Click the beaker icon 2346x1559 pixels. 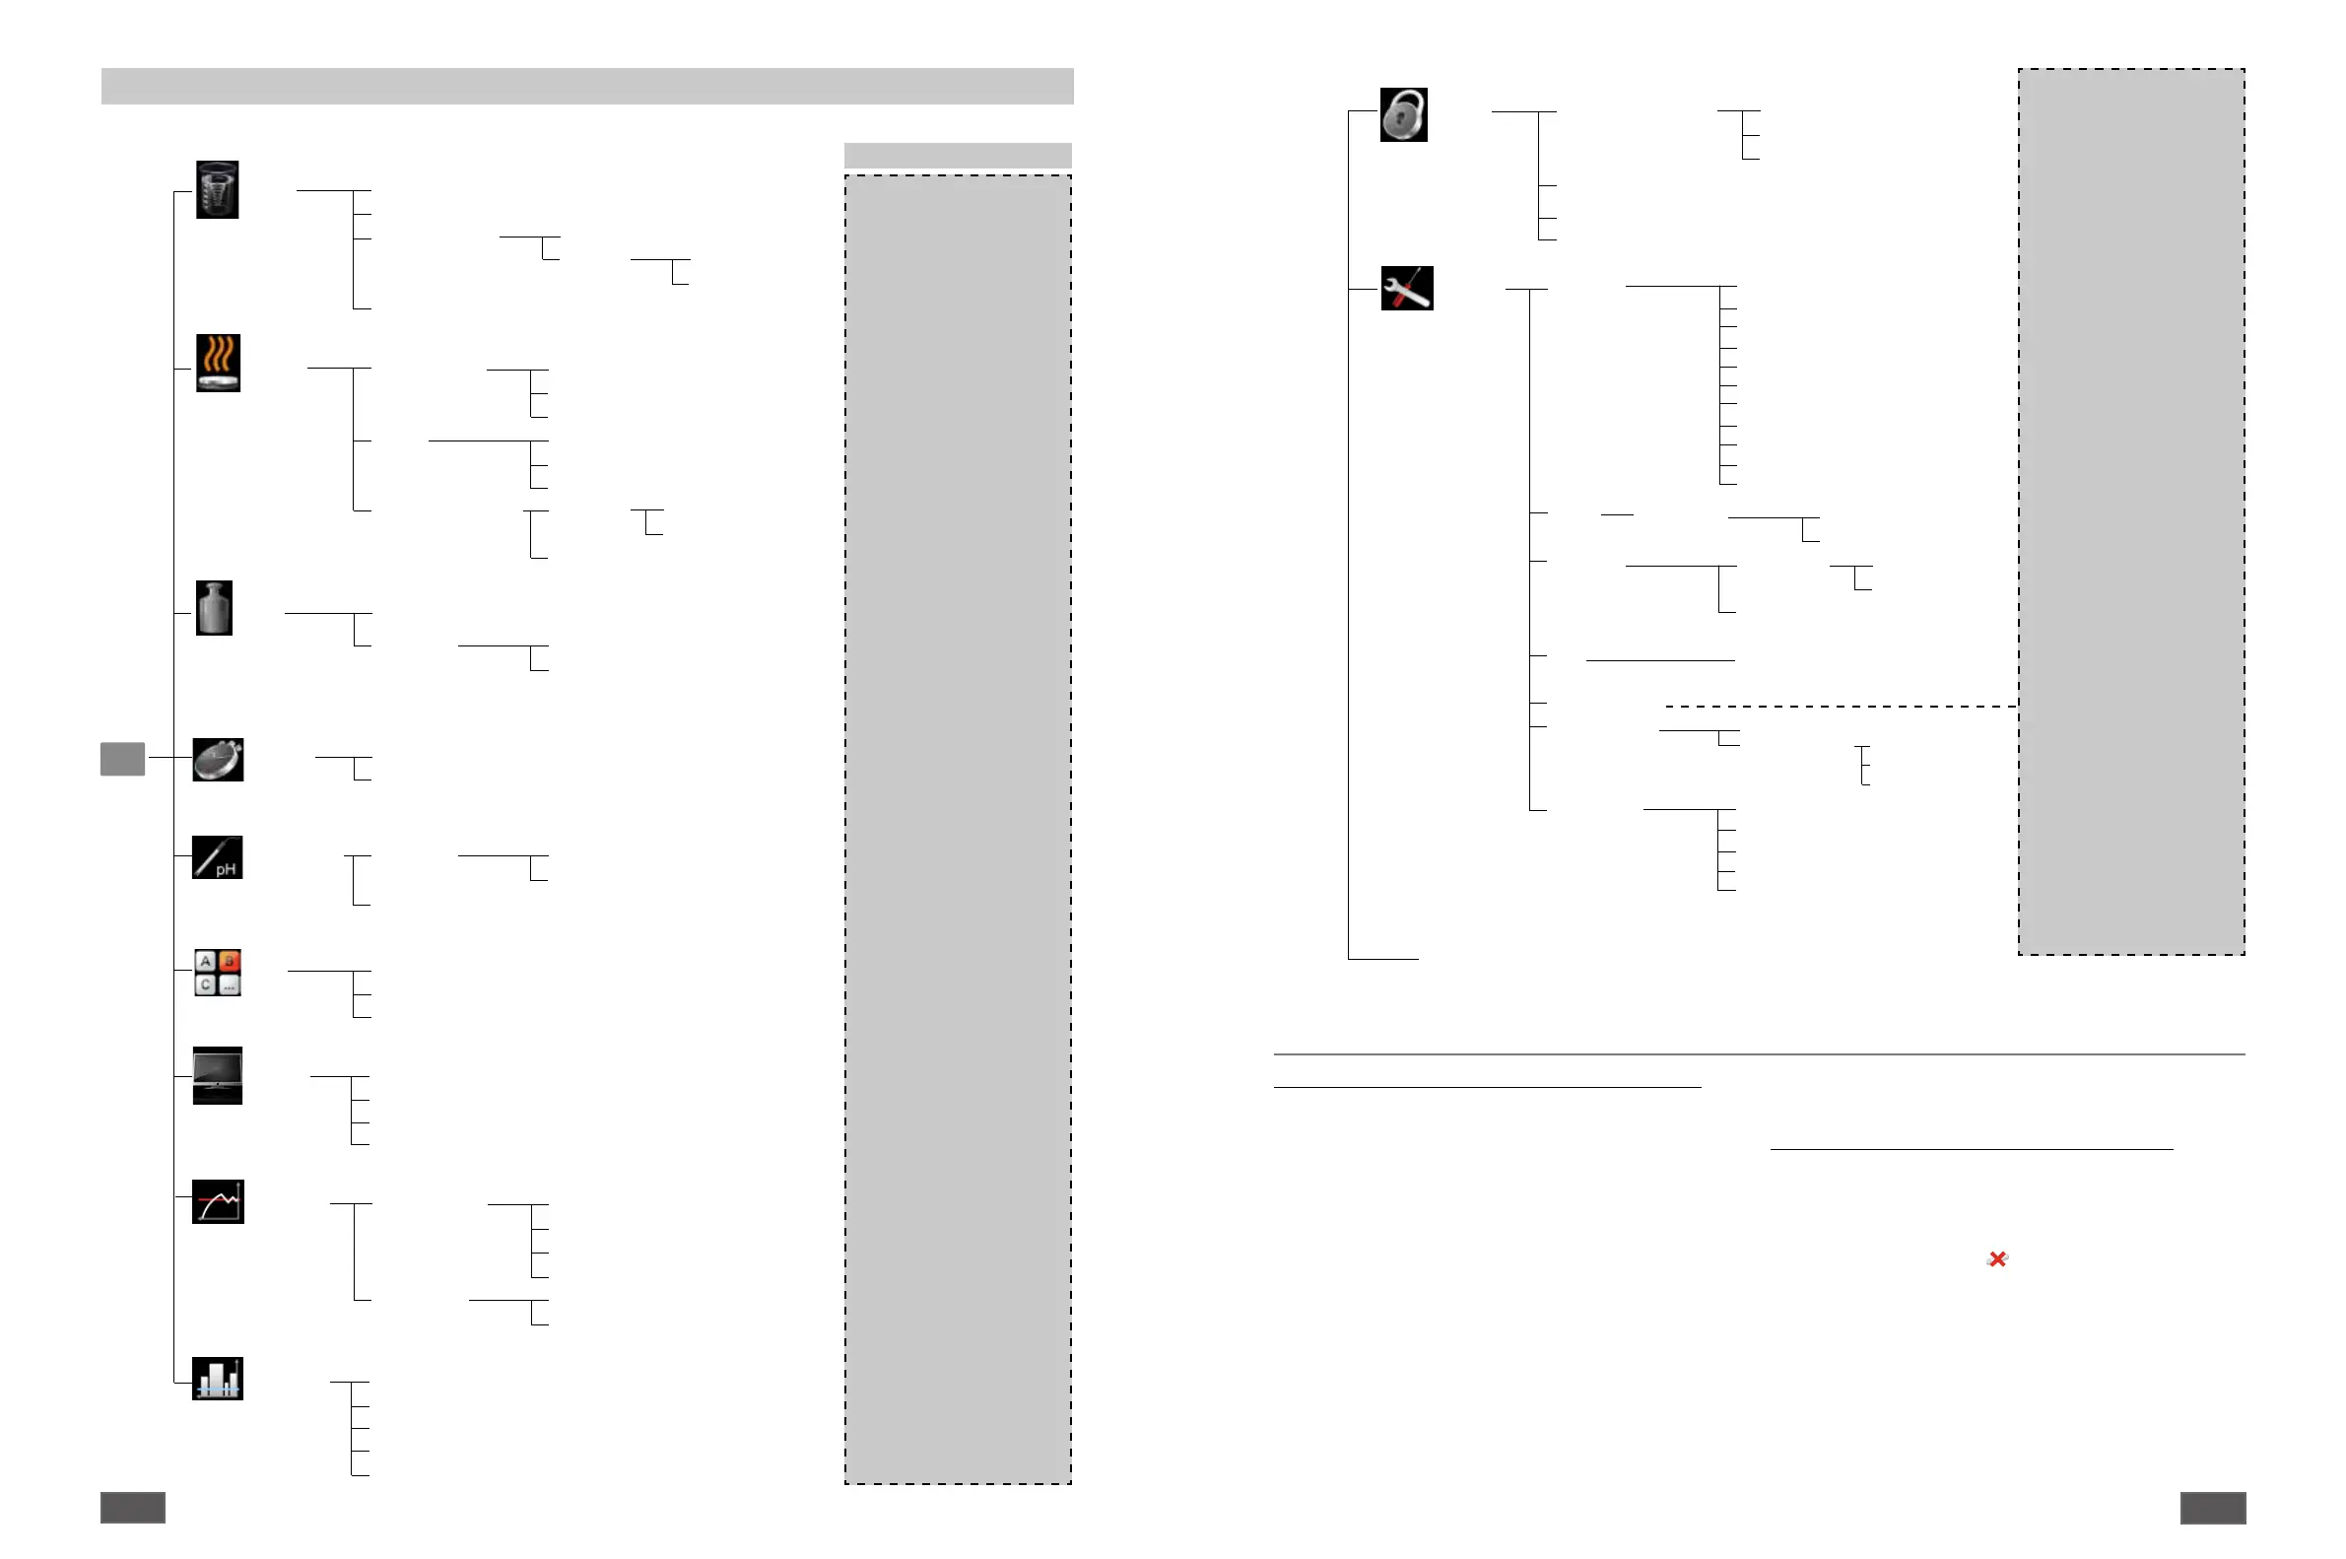(x=217, y=189)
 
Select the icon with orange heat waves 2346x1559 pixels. (x=218, y=362)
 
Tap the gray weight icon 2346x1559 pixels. (x=214, y=607)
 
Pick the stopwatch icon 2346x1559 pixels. (x=218, y=760)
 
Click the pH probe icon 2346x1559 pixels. (x=217, y=857)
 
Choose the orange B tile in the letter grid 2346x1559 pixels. (x=230, y=961)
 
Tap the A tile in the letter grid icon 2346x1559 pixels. (x=205, y=961)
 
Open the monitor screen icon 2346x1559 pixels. (x=217, y=1075)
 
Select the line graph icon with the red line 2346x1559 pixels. (x=218, y=1201)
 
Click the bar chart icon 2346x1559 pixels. (x=217, y=1378)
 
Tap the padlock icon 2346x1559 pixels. (x=1403, y=114)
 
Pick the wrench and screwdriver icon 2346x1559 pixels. (x=1407, y=289)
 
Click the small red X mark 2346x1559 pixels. (x=1997, y=1258)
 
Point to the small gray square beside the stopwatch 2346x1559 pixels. (x=122, y=759)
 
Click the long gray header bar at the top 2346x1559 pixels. (x=586, y=86)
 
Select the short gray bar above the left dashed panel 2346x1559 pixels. (x=958, y=154)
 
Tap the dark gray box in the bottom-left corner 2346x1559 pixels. (x=132, y=1508)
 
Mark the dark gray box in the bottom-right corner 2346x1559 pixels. (x=2213, y=1508)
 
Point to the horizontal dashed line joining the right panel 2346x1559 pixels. (x=1839, y=706)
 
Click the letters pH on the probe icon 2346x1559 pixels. (x=227, y=869)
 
